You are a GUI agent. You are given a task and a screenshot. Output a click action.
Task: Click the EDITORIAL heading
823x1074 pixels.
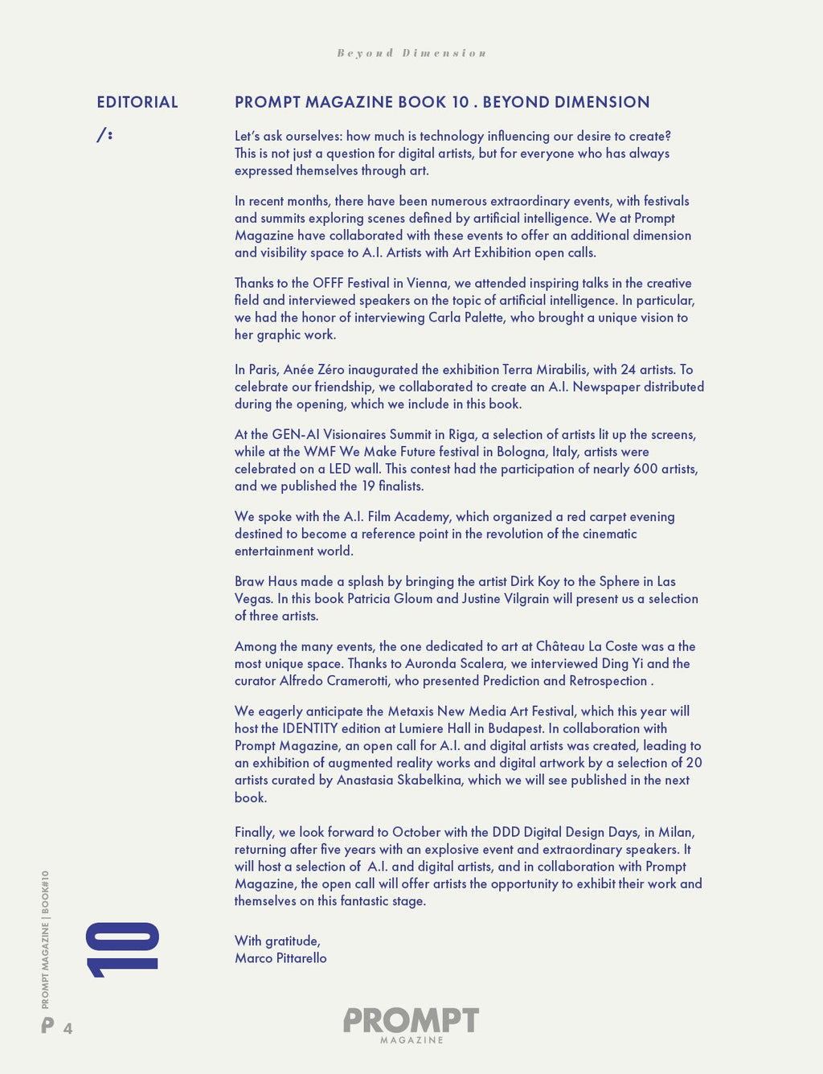coord(137,102)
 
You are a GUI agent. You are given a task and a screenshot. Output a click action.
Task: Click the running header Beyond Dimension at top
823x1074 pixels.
coord(411,53)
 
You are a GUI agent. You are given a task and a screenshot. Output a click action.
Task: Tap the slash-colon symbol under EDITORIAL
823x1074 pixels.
coord(104,135)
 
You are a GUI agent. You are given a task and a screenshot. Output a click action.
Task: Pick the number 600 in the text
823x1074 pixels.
coord(645,469)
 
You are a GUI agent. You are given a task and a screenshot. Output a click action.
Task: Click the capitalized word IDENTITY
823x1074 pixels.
coord(310,728)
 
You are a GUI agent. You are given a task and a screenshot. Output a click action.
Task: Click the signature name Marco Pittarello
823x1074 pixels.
coord(280,958)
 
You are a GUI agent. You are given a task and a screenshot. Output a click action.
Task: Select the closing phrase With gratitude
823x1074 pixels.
coord(277,941)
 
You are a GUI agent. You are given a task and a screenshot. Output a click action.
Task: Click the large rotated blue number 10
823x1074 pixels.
coord(122,949)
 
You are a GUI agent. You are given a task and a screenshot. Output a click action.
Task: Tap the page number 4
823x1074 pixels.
coord(68,1028)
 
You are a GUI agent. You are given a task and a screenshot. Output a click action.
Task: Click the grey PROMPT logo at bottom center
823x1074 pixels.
coord(411,1022)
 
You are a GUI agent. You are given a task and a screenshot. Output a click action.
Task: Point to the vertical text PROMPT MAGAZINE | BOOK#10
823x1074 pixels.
coord(46,939)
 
